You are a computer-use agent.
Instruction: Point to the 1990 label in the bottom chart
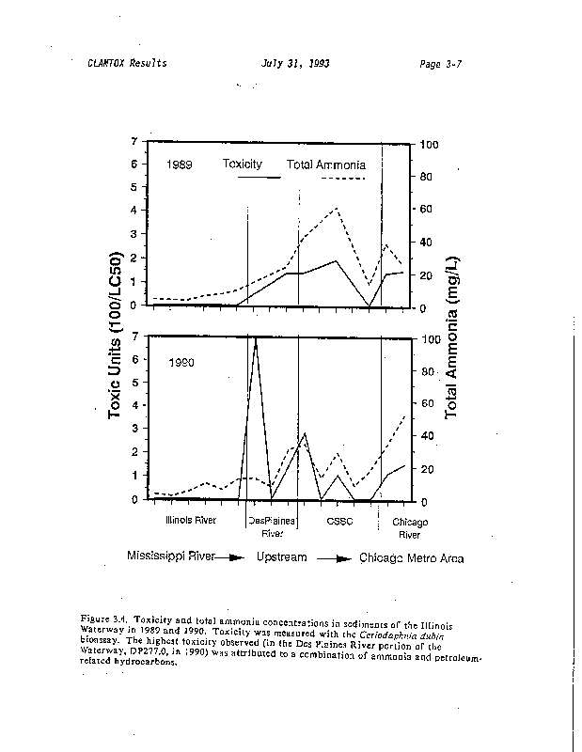tap(181, 361)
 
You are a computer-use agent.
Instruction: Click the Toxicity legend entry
tap(243, 164)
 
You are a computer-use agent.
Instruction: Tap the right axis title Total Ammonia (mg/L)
tap(451, 336)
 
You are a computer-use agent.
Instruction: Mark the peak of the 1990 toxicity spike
tap(255, 337)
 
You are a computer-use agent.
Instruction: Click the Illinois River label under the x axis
tap(191, 520)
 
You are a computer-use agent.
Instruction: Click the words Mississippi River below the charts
tap(170, 556)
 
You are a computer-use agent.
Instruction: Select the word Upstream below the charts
tap(282, 556)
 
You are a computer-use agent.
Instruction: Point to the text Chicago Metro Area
tap(412, 556)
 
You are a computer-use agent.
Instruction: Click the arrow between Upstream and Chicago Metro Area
tap(333, 557)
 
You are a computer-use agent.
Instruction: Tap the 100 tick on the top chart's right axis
tap(429, 145)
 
